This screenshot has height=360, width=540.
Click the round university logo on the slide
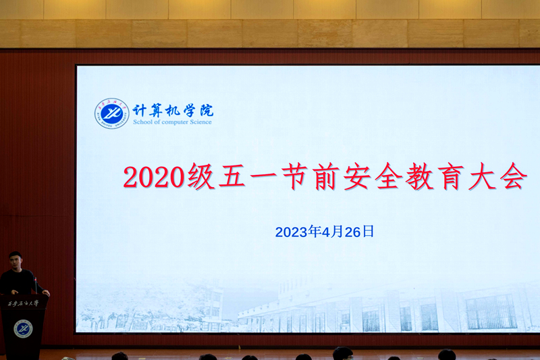pyautogui.click(x=111, y=113)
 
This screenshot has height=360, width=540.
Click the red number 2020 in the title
pyautogui.click(x=153, y=178)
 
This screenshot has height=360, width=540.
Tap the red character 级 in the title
pyautogui.click(x=200, y=177)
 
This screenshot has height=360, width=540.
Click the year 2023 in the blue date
pyautogui.click(x=291, y=232)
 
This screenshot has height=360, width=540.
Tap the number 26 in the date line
pyautogui.click(x=350, y=232)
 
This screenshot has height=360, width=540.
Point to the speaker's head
pyautogui.click(x=16, y=261)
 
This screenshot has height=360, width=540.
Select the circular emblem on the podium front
pyautogui.click(x=23, y=329)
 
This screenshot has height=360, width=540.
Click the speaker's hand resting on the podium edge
pyautogui.click(x=45, y=293)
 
